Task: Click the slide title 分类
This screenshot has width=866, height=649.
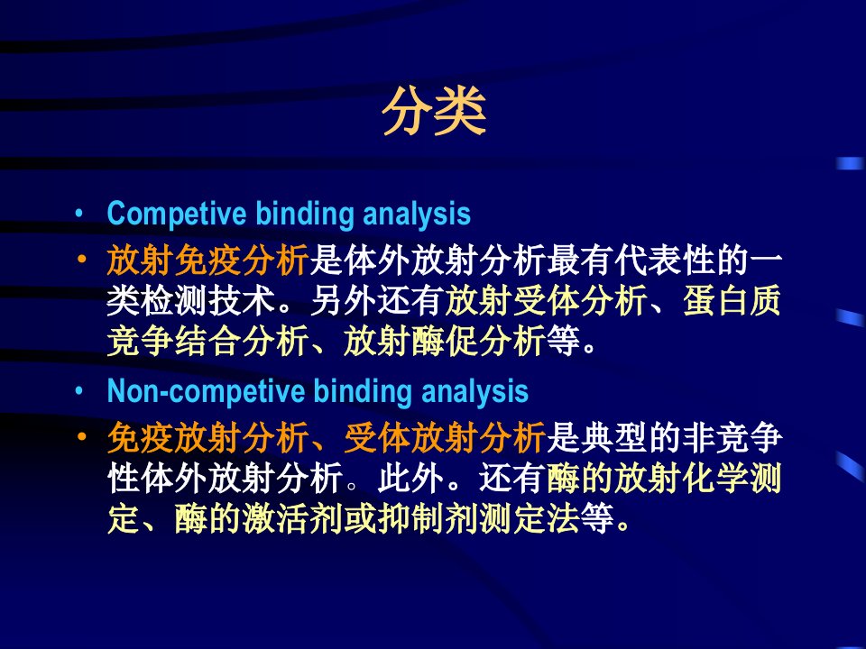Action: (x=434, y=112)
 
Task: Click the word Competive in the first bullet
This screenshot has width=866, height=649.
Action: (x=177, y=214)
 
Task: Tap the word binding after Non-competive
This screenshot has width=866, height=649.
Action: (x=364, y=391)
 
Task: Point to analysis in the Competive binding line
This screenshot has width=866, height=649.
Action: (x=417, y=214)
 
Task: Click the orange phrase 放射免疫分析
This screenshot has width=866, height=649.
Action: (x=207, y=261)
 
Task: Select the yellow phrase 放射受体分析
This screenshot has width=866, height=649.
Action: (x=546, y=301)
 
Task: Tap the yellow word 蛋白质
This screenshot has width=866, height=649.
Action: (x=732, y=301)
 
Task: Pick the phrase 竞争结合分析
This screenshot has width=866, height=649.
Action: (x=207, y=341)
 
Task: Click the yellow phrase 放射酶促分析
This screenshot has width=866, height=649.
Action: (x=445, y=341)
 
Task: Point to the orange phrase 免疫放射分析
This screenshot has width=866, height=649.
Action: (x=207, y=438)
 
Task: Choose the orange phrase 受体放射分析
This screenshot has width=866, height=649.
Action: (x=445, y=438)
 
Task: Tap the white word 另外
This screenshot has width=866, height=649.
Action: (x=344, y=301)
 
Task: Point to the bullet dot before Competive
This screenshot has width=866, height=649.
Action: (x=80, y=213)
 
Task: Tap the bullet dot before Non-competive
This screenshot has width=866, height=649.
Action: (x=80, y=390)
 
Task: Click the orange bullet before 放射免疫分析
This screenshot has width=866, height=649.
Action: (x=82, y=259)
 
